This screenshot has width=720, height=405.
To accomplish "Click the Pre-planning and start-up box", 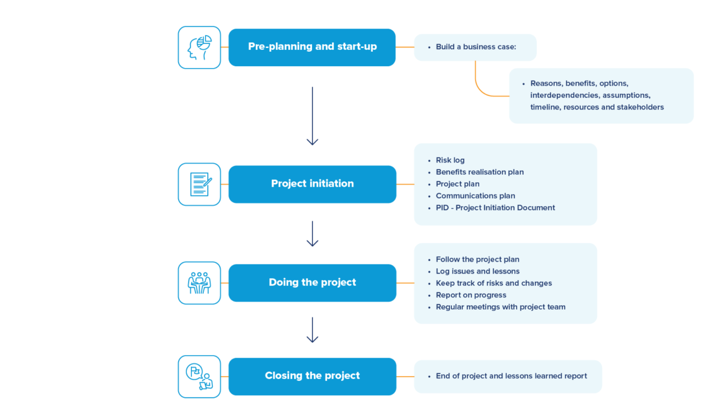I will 312,47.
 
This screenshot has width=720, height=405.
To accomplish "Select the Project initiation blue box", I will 312,184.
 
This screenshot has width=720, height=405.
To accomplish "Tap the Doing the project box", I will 312,283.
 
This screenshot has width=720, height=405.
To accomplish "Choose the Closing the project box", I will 312,376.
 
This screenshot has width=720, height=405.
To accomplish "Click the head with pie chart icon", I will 199,47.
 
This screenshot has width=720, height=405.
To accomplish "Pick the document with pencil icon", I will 199,184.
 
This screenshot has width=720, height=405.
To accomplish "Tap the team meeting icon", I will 199,283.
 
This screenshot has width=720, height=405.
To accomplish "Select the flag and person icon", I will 199,376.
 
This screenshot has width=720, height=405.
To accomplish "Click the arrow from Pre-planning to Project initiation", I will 312,116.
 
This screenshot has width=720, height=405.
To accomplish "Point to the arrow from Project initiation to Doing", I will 312,234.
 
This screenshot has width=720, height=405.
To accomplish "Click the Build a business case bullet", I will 476,47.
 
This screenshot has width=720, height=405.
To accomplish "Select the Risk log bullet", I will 450,160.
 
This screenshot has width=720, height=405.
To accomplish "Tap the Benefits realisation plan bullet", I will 479,172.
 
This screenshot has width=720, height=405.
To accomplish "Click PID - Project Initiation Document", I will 495,207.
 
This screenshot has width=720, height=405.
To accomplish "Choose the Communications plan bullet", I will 475,196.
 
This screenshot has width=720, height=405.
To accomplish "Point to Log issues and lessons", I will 477,271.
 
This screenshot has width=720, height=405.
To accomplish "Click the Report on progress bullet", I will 471,295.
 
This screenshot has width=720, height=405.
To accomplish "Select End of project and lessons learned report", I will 511,376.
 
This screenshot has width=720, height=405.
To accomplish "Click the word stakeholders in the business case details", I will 640,107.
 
